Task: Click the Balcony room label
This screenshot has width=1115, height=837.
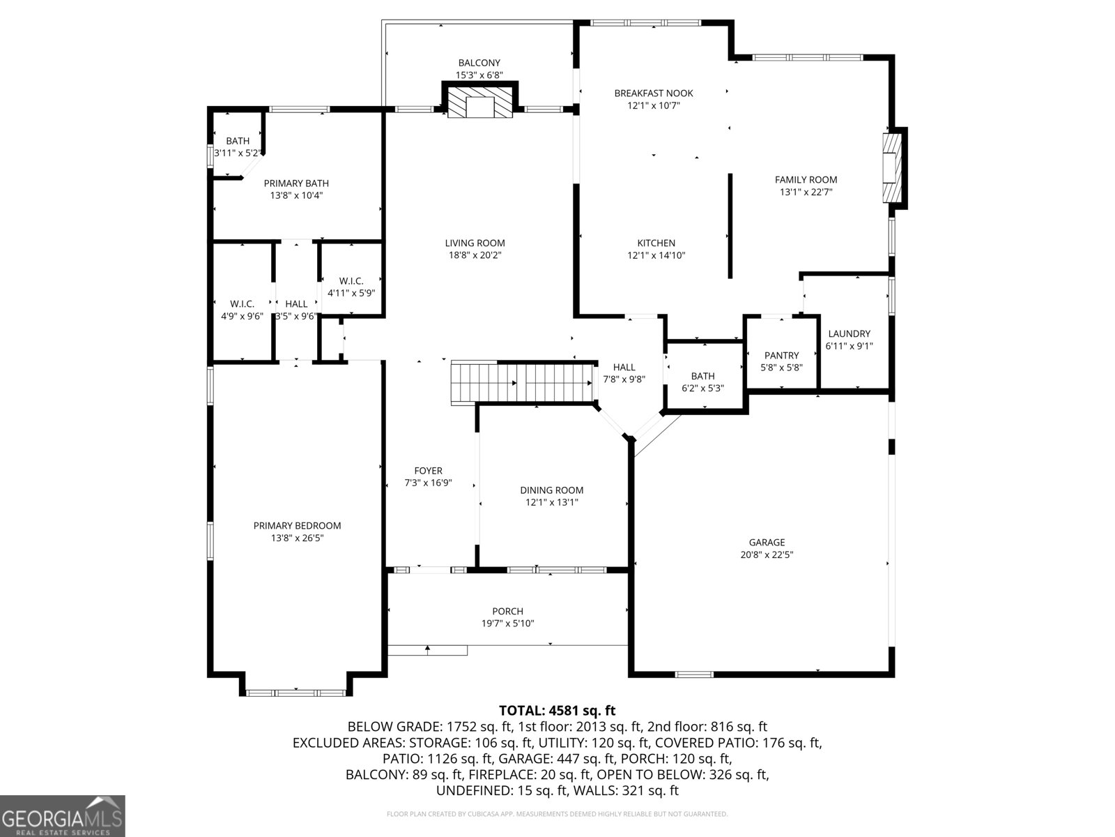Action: coord(479,63)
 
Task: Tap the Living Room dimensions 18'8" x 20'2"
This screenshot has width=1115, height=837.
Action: coord(475,255)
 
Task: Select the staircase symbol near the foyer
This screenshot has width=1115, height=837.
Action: coord(523,382)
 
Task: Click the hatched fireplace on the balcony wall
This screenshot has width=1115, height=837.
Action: coord(479,103)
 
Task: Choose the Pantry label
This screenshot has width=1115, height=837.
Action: coord(781,356)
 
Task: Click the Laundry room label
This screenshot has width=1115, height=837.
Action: coord(849,333)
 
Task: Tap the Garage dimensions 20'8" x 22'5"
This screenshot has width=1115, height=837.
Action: coord(767,555)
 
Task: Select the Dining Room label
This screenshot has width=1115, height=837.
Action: coord(551,490)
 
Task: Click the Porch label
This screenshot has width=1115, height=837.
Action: coord(507,611)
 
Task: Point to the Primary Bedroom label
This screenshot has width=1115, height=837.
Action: coord(297,526)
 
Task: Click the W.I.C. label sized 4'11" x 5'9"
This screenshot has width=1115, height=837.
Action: coord(351,281)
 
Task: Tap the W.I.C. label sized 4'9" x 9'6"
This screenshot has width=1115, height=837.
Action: coord(242,304)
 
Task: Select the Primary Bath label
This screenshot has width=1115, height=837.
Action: coord(296,183)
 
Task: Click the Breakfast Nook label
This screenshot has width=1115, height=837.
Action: coord(653,93)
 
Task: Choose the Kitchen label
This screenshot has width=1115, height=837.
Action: coord(656,243)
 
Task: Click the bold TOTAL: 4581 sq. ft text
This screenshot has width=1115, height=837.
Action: coord(557,711)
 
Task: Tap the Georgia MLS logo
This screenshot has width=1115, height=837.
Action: coord(62,815)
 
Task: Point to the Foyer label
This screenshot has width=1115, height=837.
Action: coord(428,471)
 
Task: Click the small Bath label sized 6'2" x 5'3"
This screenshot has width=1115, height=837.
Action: coord(702,377)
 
